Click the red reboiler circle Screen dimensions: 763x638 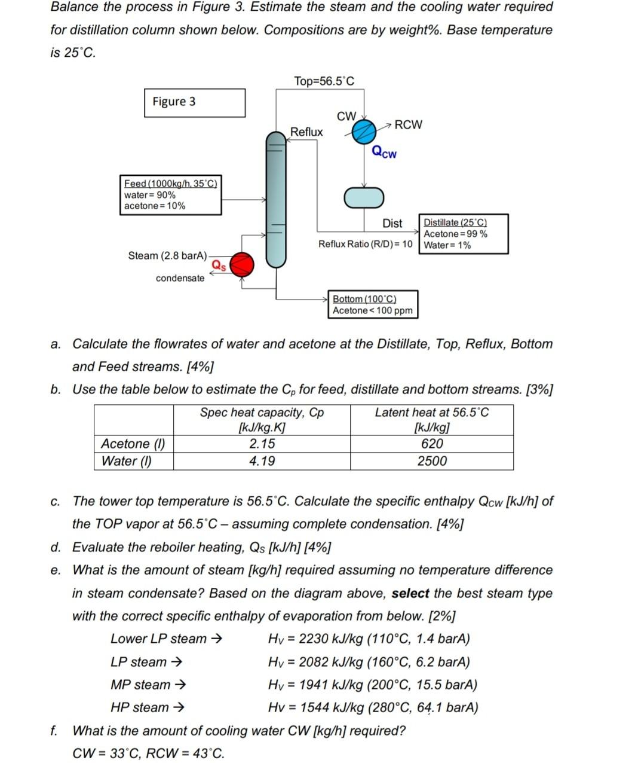coord(241,264)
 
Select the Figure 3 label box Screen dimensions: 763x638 coord(194,102)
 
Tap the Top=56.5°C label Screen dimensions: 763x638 coord(324,81)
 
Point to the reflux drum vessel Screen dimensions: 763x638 coord(364,197)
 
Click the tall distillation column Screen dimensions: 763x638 coord(276,199)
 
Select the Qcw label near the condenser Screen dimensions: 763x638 coord(384,152)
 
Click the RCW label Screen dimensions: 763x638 coord(408,124)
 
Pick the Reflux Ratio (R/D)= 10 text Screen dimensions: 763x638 coord(365,244)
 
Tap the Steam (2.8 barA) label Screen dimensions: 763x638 coord(167,256)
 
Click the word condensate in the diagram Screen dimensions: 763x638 coord(180,278)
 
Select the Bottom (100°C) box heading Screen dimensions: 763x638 coord(364,298)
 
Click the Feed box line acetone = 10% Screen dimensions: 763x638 coord(155,206)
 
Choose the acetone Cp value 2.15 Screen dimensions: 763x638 coord(262,444)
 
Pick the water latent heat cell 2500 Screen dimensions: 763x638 coord(431,461)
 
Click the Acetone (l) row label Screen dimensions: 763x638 coord(133,444)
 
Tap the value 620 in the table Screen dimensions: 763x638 coord(431,444)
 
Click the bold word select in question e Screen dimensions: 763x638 coord(410,593)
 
